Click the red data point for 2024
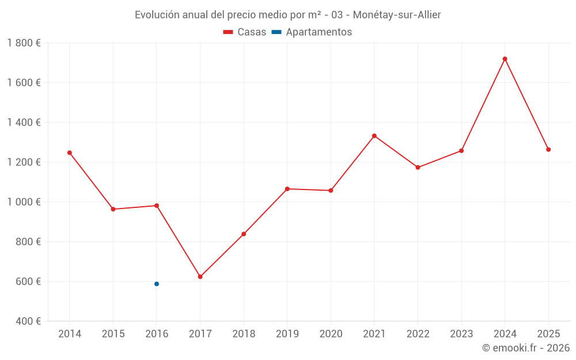505,59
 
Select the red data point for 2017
200,277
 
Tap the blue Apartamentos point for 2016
157,284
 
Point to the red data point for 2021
374,136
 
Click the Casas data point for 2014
70,153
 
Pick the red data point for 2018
244,234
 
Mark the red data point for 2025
548,150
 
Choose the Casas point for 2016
157,206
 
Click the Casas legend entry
245,32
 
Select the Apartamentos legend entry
312,32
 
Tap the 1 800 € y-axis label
24,43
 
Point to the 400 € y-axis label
28,321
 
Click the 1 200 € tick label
24,162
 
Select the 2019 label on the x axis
287,334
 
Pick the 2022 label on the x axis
418,334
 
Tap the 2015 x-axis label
113,334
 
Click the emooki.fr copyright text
526,348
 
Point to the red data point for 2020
331,191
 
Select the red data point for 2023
461,151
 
